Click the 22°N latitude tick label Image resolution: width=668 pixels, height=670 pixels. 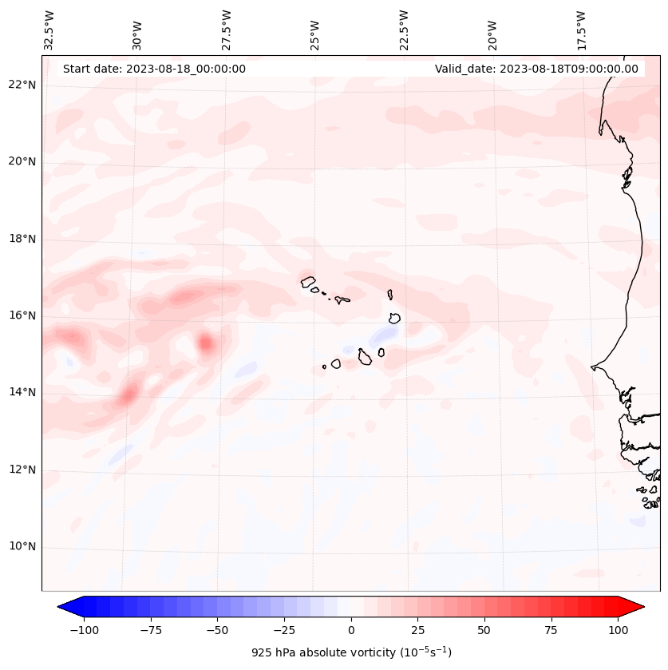pos(22,85)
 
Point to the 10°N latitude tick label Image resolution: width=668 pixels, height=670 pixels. pos(22,547)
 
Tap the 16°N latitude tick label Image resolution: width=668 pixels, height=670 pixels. pos(22,316)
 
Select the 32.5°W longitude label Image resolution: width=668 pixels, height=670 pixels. pos(50,30)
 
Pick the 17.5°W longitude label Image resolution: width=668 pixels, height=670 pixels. pos(581,30)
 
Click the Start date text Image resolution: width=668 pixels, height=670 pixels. pos(154,69)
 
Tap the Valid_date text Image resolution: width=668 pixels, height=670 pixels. pos(536,69)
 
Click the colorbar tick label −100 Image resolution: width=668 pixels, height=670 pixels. pos(84,630)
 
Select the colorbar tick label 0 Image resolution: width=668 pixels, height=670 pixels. pos(351,630)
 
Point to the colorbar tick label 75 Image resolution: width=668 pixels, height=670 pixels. pos(551,630)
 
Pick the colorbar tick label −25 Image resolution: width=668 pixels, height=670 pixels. pos(283,630)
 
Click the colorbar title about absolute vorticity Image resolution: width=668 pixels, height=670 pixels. pos(351,652)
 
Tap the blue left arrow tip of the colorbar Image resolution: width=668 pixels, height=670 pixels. pos(61,607)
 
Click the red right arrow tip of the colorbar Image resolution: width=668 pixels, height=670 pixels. pos(642,607)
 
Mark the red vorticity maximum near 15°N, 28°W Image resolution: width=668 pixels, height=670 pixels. pos(206,343)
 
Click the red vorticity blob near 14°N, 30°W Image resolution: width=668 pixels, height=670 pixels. pos(129,392)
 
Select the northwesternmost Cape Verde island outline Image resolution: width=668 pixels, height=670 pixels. pos(308,281)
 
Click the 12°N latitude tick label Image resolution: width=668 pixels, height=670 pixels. pos(22,470)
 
